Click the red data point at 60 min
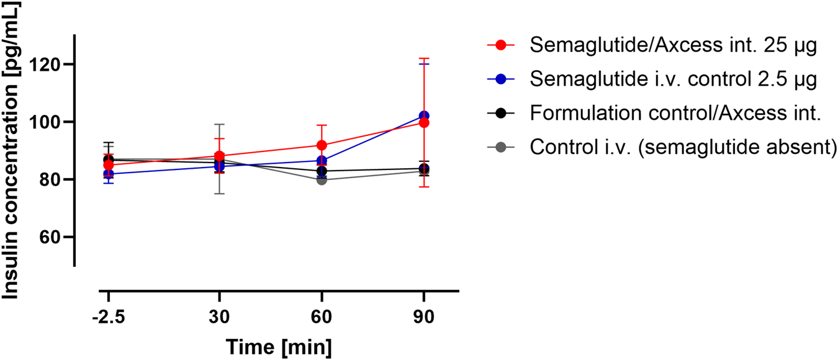322,145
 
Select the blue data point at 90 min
424,116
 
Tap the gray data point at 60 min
322,180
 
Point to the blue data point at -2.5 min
108,174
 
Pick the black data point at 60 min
322,171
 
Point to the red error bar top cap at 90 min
424,58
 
